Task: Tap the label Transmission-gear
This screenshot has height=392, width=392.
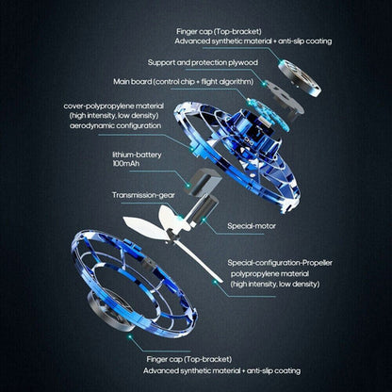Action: tap(142, 195)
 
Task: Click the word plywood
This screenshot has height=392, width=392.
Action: tap(242, 62)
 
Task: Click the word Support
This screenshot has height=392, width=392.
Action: tap(164, 62)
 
